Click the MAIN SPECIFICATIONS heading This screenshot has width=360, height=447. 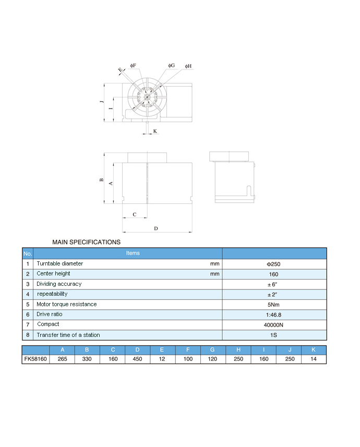(86, 242)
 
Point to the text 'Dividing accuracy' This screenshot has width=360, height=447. (59, 284)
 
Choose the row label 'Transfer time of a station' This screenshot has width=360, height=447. (68, 335)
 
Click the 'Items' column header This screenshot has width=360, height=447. (133, 253)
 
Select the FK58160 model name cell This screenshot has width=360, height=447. (35, 359)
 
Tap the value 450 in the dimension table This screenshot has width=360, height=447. (138, 359)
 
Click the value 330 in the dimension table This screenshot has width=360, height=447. (87, 359)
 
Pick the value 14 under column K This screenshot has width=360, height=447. (314, 359)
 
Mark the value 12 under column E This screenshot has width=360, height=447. (163, 359)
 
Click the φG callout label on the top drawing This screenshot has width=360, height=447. (171, 66)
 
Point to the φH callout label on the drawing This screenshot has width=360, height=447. (188, 67)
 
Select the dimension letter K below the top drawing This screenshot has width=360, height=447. (155, 131)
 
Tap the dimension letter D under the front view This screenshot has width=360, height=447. (156, 228)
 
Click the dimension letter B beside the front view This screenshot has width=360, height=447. (101, 179)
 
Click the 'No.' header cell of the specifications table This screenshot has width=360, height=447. (28, 253)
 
